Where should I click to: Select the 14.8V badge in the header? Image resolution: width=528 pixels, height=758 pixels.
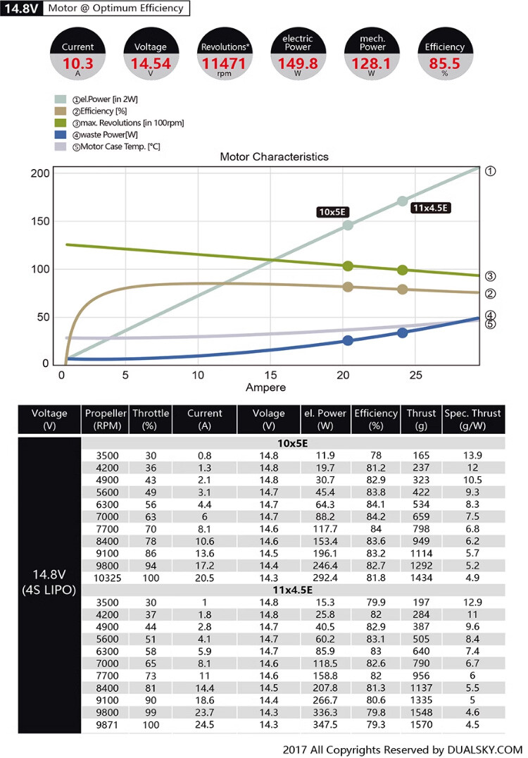23,8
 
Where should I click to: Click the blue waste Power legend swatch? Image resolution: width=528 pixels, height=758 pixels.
60,135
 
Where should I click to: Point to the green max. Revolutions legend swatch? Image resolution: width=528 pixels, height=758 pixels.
60,123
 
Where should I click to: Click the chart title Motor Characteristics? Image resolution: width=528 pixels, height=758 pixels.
274,157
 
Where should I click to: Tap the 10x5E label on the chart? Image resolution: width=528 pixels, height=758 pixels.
334,212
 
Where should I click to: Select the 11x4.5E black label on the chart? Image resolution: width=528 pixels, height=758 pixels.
430,208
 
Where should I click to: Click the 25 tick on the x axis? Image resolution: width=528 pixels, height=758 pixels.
416,375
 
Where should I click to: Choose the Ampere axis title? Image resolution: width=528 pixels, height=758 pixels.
265,387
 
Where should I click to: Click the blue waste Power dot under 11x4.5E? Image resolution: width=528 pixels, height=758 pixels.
402,333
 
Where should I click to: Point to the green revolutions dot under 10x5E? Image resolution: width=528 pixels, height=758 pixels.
348,266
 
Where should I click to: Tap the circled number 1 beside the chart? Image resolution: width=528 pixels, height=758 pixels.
491,171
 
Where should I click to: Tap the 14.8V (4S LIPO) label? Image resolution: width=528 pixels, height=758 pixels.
49,582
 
